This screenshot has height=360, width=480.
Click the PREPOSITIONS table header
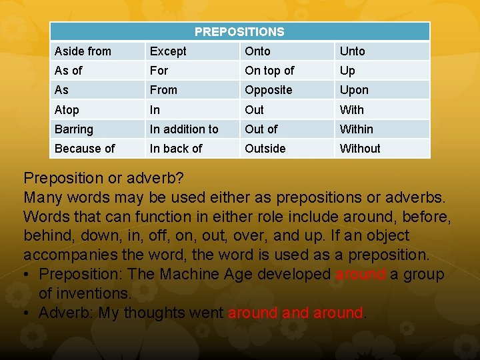click(x=239, y=32)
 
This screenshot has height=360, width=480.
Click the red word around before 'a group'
click(x=360, y=274)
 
